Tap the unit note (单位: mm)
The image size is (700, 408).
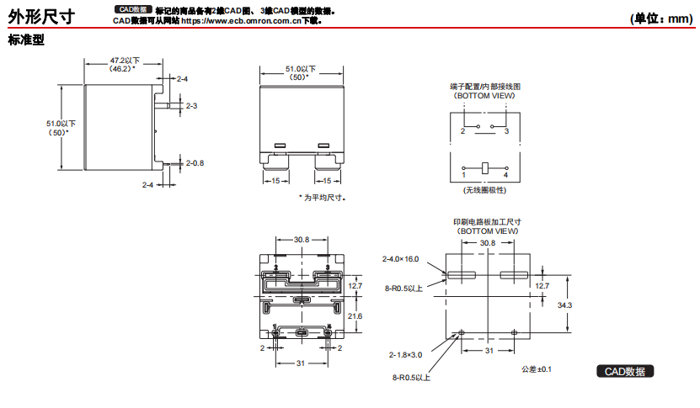point(660,18)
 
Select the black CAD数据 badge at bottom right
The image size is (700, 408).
point(625,371)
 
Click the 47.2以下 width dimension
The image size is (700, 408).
point(125,61)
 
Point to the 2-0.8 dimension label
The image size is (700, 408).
point(195,162)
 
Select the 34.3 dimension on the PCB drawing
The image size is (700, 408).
point(565,305)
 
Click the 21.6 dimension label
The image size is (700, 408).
point(355,315)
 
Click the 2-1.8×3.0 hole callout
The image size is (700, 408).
point(406,354)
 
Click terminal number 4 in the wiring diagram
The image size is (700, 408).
point(505,175)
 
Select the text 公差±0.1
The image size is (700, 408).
point(536,368)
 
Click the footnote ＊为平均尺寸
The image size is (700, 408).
point(323,198)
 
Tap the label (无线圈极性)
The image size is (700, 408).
point(484,191)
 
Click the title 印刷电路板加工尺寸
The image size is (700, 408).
point(488,221)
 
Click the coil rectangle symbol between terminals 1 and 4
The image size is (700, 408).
point(484,167)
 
